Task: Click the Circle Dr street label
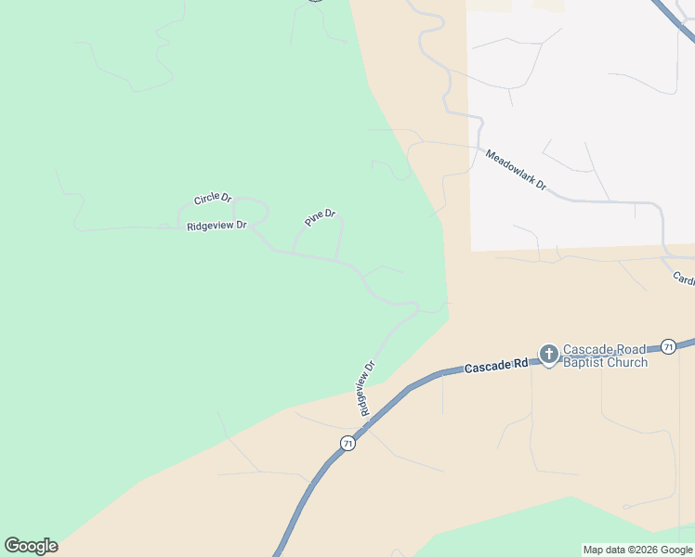pos(212,198)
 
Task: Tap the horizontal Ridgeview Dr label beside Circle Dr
pos(216,226)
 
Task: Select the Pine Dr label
pos(320,219)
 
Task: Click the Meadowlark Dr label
pos(516,171)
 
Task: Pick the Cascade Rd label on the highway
pos(496,367)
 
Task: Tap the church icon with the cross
pos(549,354)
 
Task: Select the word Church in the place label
pos(627,362)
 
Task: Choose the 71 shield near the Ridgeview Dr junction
pos(347,444)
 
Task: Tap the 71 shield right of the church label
pos(668,346)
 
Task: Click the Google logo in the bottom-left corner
pos(31,546)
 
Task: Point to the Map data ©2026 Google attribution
pos(637,550)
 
